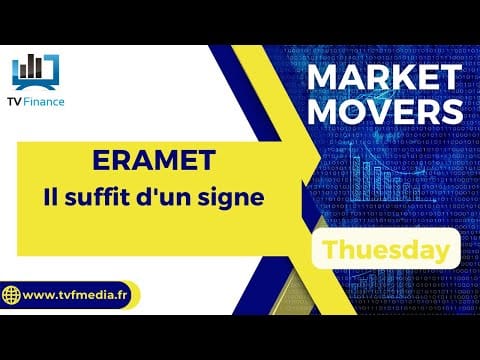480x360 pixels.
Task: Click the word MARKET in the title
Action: pyautogui.click(x=384, y=77)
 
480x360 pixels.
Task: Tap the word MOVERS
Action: pyautogui.click(x=385, y=111)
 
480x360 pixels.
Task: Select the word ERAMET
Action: pyautogui.click(x=154, y=160)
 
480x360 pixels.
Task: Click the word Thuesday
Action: pyautogui.click(x=387, y=250)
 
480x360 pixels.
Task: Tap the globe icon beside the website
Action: pyautogui.click(x=11, y=295)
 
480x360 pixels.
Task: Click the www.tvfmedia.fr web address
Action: pyautogui.click(x=75, y=295)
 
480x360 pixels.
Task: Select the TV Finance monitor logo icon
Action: pyautogui.click(x=36, y=72)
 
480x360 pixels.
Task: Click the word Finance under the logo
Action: pyautogui.click(x=44, y=102)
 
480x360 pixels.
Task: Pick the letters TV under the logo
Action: pyautogui.click(x=15, y=102)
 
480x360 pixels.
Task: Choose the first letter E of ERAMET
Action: pyautogui.click(x=101, y=160)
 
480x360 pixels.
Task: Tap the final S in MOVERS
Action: pyautogui.click(x=452, y=111)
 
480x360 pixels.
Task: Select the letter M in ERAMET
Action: pyautogui.click(x=165, y=160)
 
